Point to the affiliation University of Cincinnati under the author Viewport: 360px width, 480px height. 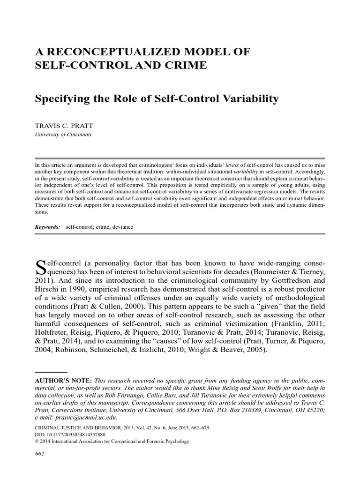tap(63, 134)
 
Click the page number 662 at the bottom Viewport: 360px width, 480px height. tap(40, 454)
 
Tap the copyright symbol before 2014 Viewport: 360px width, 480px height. tap(37, 441)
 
